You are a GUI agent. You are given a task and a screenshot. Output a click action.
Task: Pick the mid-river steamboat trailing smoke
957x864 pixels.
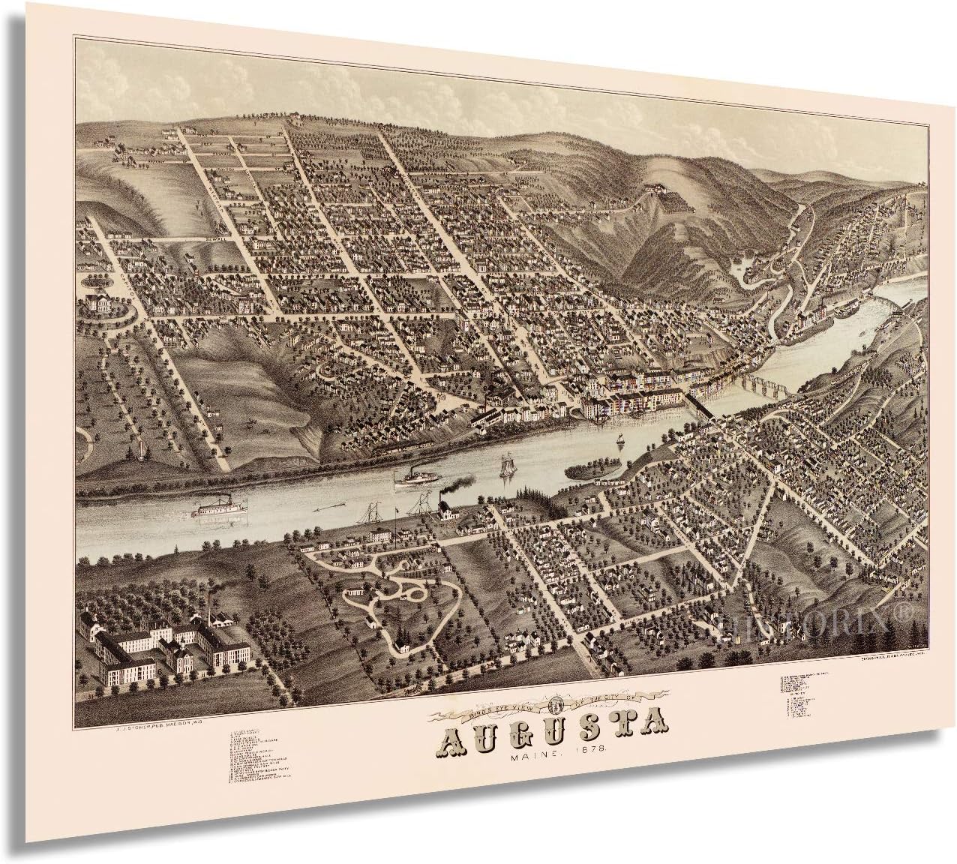click(414, 478)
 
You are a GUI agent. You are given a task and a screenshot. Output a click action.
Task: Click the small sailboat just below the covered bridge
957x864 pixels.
click(619, 443)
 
